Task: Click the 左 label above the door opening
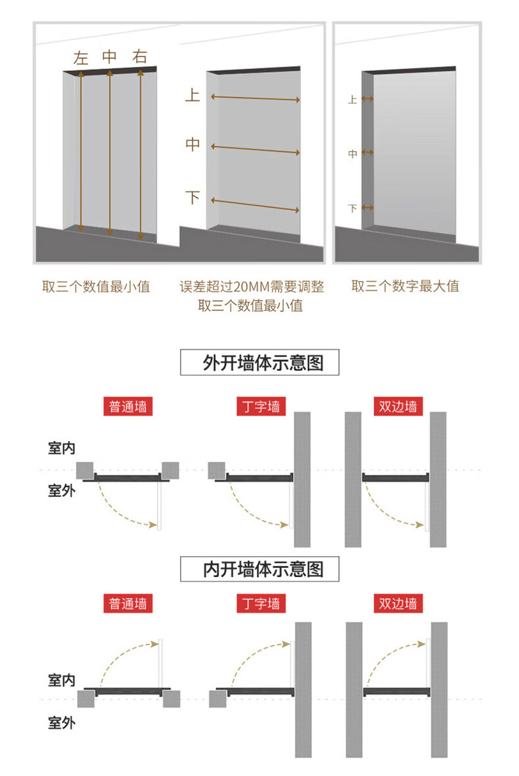81,58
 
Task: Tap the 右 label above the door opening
140,57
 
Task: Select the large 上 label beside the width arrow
192,95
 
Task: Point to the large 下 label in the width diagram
192,197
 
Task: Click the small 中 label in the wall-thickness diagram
352,153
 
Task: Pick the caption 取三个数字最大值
405,286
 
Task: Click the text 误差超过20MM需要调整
252,287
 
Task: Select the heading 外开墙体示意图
259,362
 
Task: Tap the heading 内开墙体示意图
259,569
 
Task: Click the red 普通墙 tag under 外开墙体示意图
128,406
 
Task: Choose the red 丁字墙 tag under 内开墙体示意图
261,603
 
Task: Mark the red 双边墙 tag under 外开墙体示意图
397,406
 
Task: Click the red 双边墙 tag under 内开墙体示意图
397,603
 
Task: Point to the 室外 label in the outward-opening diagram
61,490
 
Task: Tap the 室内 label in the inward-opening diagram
61,679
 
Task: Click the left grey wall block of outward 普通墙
85,470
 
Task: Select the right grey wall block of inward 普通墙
171,699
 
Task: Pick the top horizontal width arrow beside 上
255,99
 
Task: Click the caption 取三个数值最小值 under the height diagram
96,286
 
